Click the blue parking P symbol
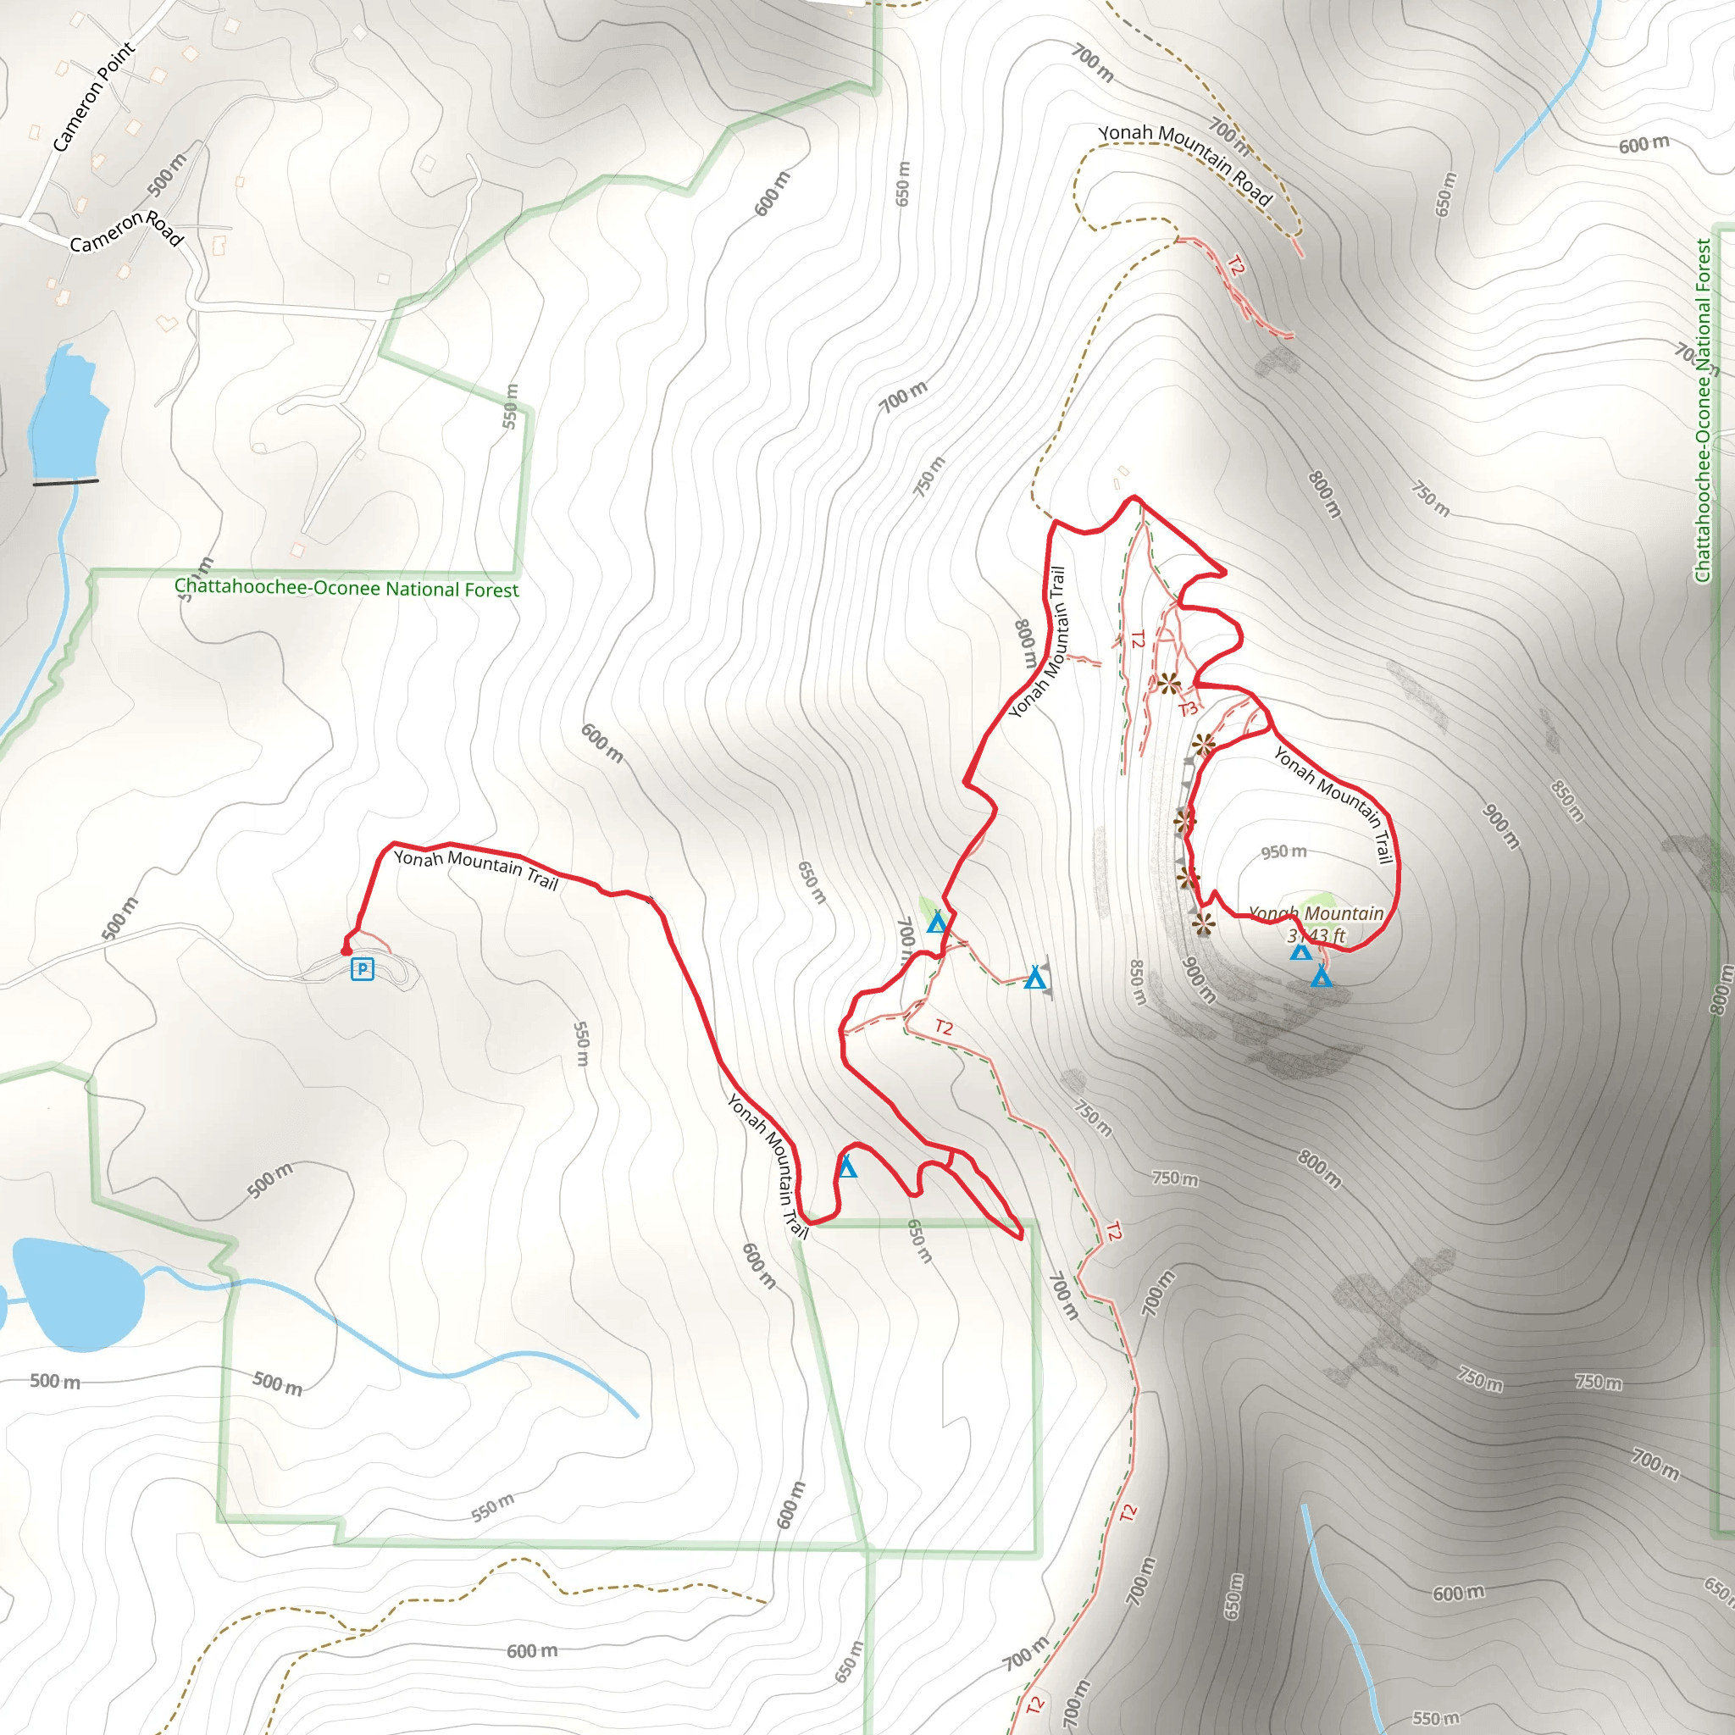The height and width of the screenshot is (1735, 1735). (x=362, y=969)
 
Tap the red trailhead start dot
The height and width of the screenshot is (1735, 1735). (x=346, y=951)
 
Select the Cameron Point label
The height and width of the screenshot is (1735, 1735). (x=93, y=96)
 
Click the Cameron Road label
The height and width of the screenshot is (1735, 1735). (x=126, y=230)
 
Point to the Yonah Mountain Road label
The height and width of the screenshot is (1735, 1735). (x=1185, y=163)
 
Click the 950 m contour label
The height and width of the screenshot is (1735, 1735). (x=1283, y=851)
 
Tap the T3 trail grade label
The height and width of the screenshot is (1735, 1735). (x=1188, y=709)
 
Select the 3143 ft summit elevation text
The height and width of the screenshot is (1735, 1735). (x=1316, y=936)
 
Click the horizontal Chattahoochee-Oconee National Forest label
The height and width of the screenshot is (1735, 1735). (x=346, y=588)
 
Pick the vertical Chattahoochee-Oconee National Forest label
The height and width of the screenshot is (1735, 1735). (x=1703, y=410)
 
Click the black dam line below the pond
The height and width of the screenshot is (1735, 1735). (x=65, y=482)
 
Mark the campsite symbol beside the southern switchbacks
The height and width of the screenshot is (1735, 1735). (x=847, y=1167)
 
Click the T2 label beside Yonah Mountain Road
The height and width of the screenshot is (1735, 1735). (x=1237, y=266)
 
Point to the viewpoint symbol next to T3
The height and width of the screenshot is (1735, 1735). (x=1168, y=685)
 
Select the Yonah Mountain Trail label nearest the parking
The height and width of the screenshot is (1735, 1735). (x=476, y=868)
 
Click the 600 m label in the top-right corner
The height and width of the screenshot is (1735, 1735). (x=1644, y=145)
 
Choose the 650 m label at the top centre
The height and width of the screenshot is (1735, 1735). (x=902, y=183)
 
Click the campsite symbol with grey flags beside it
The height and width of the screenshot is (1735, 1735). (x=1035, y=978)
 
